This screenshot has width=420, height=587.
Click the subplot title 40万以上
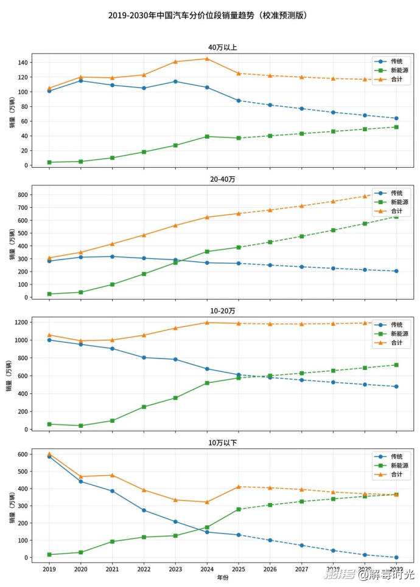[x=222, y=47]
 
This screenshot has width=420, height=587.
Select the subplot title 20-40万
[x=222, y=180]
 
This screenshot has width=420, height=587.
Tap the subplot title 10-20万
[x=222, y=311]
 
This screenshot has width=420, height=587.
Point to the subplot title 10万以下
[x=222, y=443]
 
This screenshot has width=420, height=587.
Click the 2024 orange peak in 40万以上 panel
[x=207, y=59]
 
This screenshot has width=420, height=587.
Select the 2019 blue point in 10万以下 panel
[x=49, y=456]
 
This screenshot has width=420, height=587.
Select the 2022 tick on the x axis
[x=144, y=570]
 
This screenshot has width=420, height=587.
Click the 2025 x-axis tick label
[x=239, y=570]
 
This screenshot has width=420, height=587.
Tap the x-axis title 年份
[x=223, y=578]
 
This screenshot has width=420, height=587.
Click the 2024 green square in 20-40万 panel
[x=207, y=252]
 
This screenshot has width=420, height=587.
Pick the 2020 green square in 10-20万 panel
[x=81, y=425]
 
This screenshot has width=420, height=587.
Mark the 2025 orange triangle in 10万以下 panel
[x=239, y=487]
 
